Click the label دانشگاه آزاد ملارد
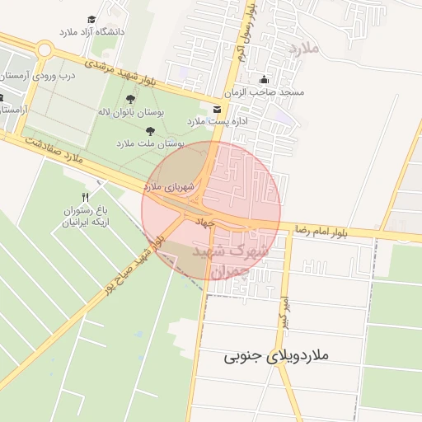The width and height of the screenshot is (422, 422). pos(91,31)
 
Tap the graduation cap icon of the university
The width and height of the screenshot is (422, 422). pos(91,19)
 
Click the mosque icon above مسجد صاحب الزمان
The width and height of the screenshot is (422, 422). pos(264,80)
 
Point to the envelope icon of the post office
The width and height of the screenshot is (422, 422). pos(217,109)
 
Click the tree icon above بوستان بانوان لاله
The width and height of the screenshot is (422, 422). pos(130,99)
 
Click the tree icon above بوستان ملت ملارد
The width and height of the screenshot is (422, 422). pos(150,130)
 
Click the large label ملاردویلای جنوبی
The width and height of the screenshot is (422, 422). pos(276,357)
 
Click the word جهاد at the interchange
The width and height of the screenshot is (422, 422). pos(204,222)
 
